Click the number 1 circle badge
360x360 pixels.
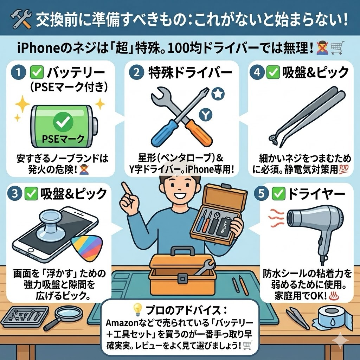tap(18, 72)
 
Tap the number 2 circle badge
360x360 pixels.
tap(137, 72)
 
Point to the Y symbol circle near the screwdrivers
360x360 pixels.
tap(206, 115)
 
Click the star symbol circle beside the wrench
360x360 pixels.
tap(218, 94)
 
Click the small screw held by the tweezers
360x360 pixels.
tap(274, 140)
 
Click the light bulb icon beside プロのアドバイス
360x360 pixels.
tap(138, 309)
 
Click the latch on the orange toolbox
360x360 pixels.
tap(182, 279)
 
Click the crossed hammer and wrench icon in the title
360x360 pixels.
tap(21, 19)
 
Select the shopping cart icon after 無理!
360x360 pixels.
tap(337, 48)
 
